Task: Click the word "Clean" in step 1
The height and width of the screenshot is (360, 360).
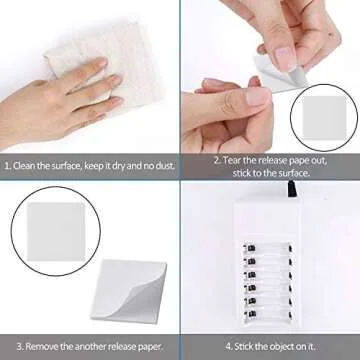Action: coord(27,167)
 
